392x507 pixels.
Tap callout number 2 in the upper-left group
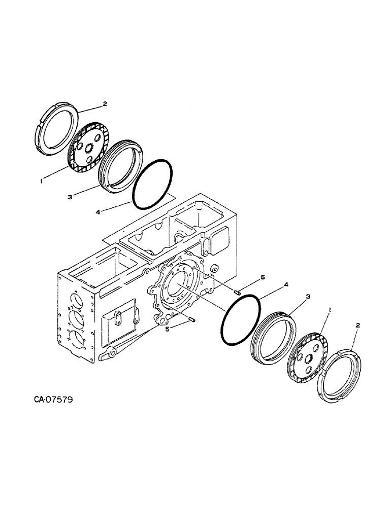pos(105,104)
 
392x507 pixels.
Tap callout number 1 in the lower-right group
pos(331,309)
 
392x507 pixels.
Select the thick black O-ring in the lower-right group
pos(241,321)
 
